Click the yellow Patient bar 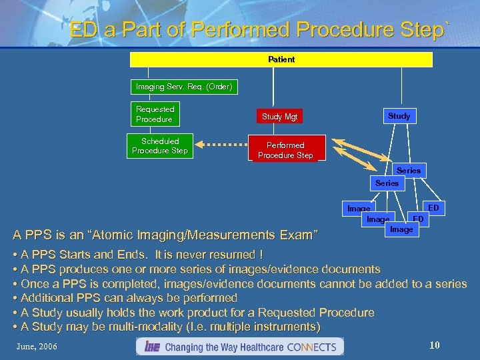(x=281, y=59)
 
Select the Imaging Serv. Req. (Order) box (x=183, y=87)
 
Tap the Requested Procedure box (x=155, y=114)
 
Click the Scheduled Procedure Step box (x=160, y=146)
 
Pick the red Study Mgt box (x=279, y=117)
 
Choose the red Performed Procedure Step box (x=285, y=150)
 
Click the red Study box (x=399, y=116)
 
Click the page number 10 (x=435, y=345)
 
